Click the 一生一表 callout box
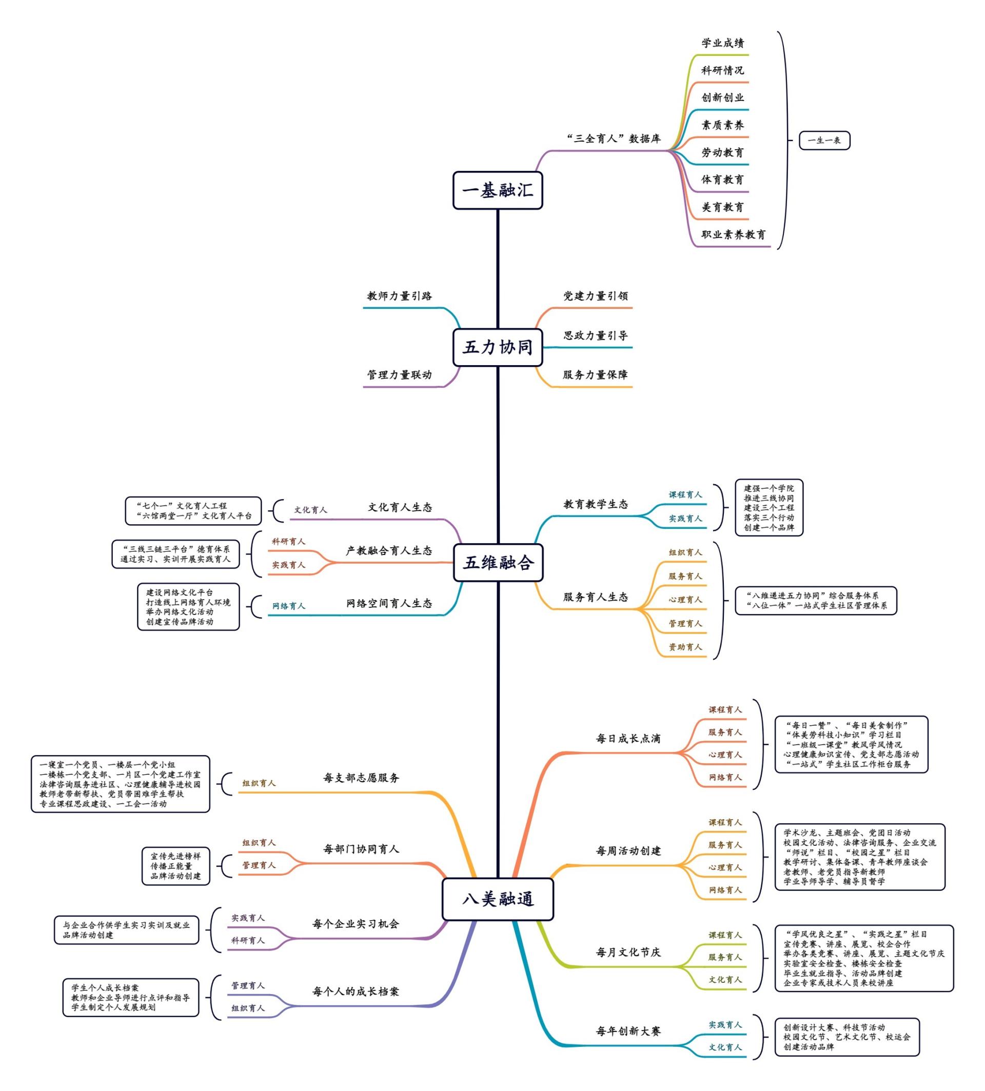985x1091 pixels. tap(824, 141)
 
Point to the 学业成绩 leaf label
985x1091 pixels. tap(722, 43)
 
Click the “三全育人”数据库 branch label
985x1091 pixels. tap(613, 138)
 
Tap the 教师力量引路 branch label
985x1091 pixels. tap(400, 296)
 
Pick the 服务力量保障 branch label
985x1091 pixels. tap(595, 374)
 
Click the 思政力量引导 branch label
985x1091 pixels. tap(595, 335)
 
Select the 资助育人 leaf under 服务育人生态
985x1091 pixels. tap(685, 647)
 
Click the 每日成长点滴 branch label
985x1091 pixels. tap(628, 739)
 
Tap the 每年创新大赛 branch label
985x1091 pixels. tap(628, 1031)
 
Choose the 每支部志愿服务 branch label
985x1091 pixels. tap(361, 778)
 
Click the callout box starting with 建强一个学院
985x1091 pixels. tap(769, 508)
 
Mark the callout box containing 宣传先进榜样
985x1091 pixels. tap(175, 866)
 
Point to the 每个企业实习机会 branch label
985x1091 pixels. tap(356, 924)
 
